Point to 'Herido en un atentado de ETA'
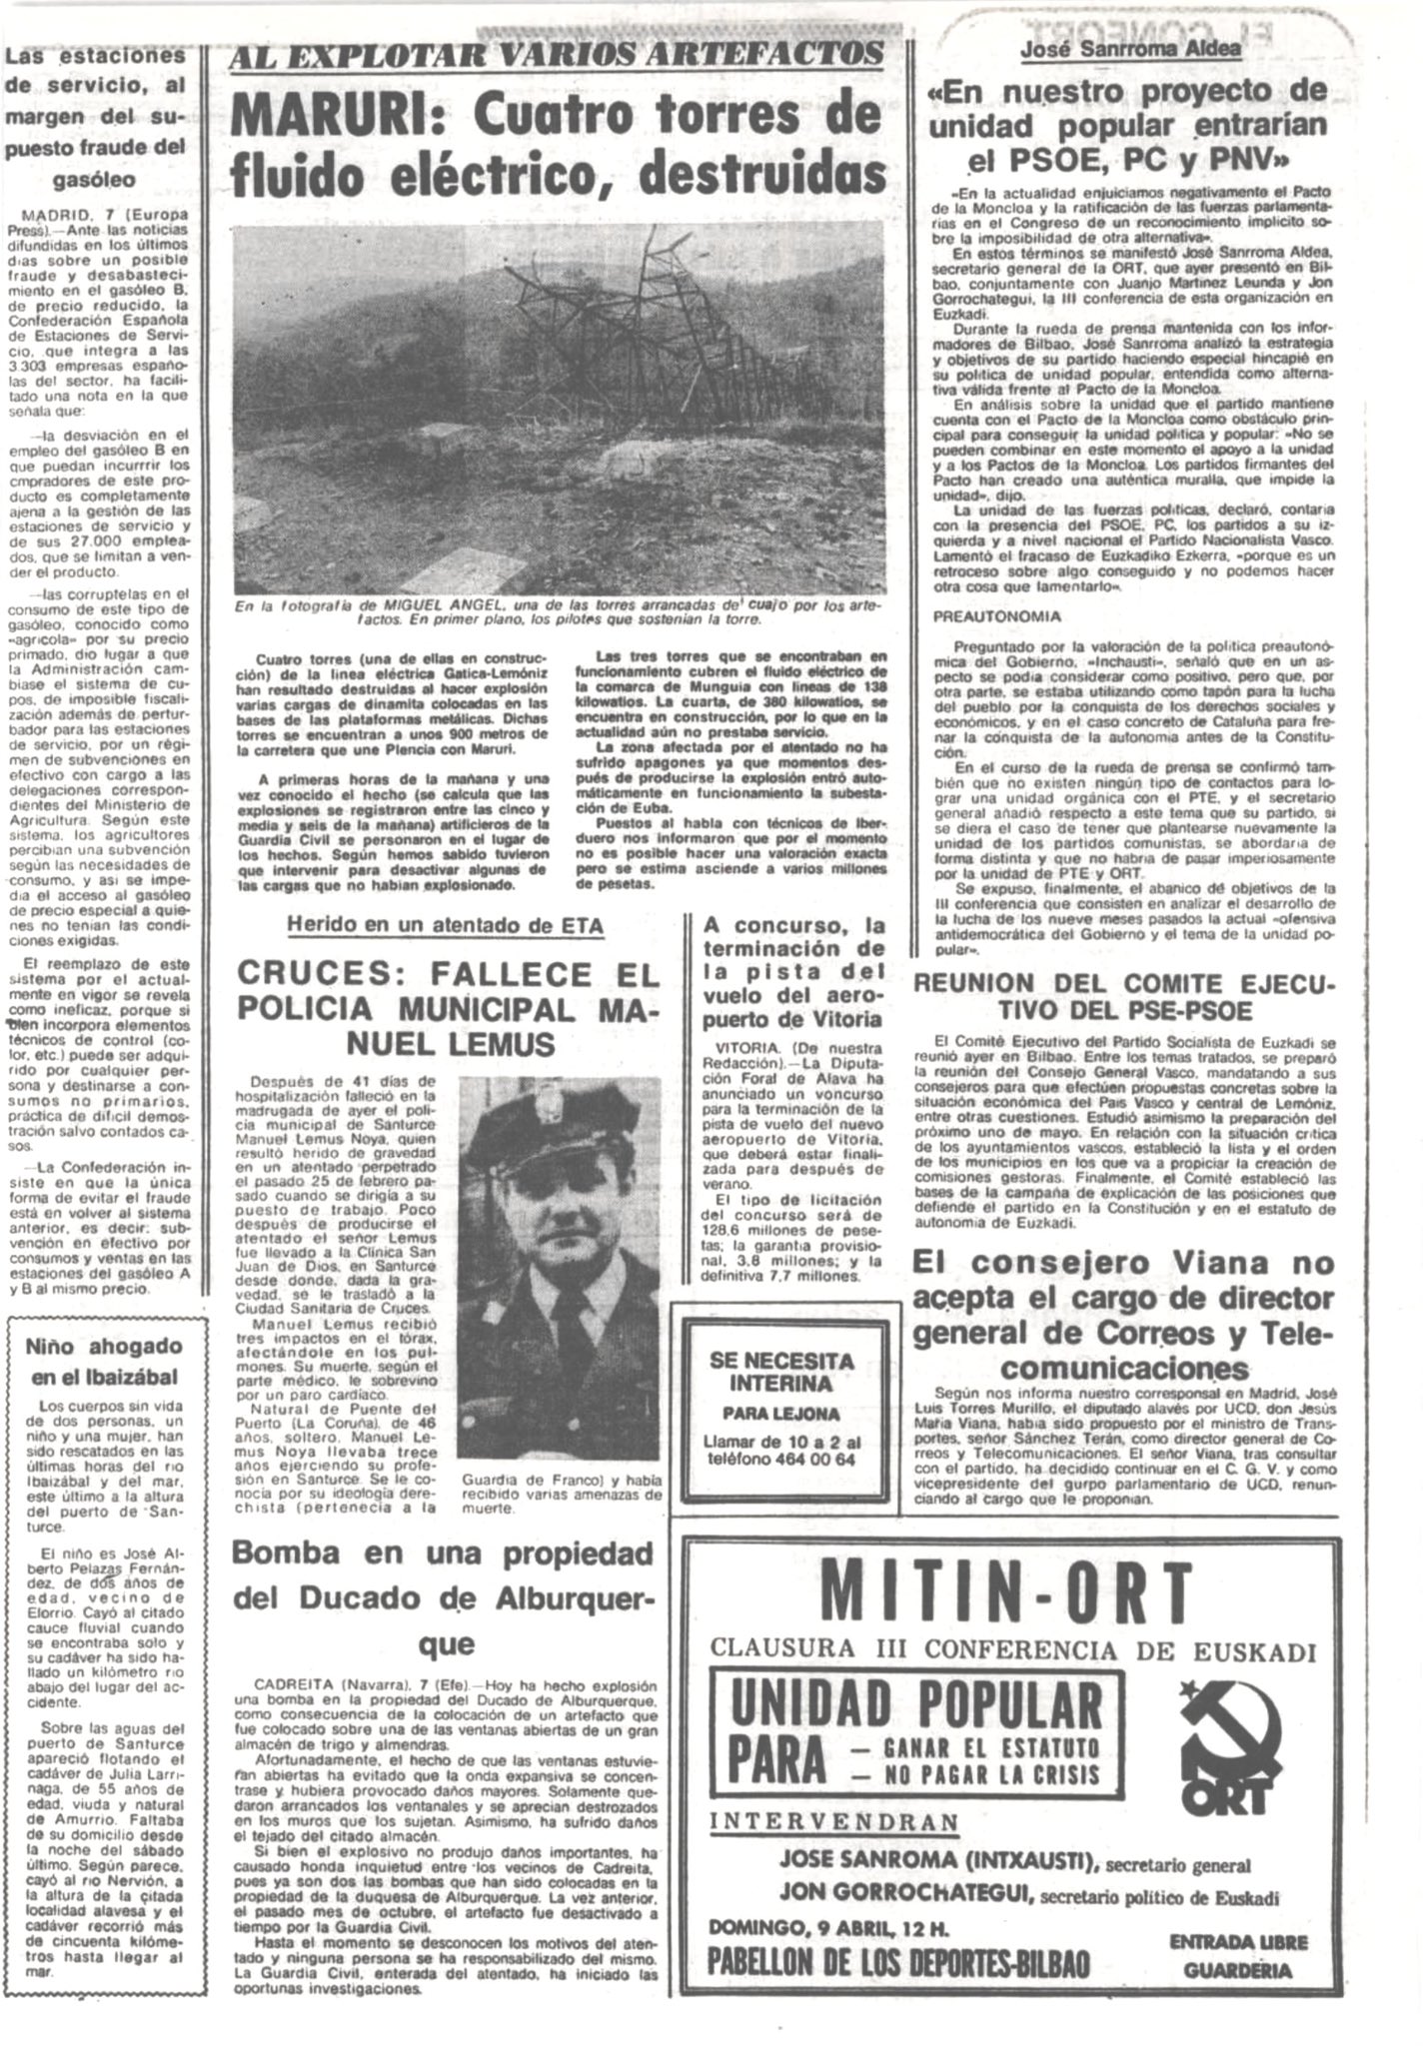pos(445,925)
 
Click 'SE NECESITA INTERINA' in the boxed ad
pos(781,1373)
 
